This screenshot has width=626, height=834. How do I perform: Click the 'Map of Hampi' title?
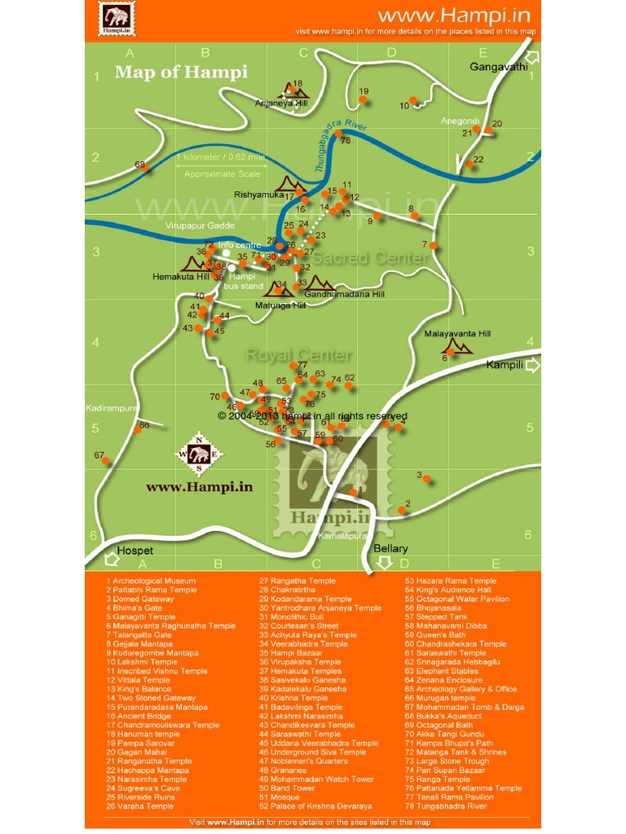181,72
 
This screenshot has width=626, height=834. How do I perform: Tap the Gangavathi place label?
499,67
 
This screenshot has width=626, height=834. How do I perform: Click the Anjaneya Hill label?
281,104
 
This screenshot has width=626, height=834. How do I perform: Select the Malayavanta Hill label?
457,334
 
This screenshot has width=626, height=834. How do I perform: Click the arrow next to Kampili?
533,366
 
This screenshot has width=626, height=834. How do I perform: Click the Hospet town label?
134,551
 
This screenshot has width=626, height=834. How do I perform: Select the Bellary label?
390,548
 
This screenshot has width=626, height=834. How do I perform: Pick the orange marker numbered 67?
106,461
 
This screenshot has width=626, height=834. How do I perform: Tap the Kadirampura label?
110,407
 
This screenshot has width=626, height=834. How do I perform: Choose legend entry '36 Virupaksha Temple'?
300,662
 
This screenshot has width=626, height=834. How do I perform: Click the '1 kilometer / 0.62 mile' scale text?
220,157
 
